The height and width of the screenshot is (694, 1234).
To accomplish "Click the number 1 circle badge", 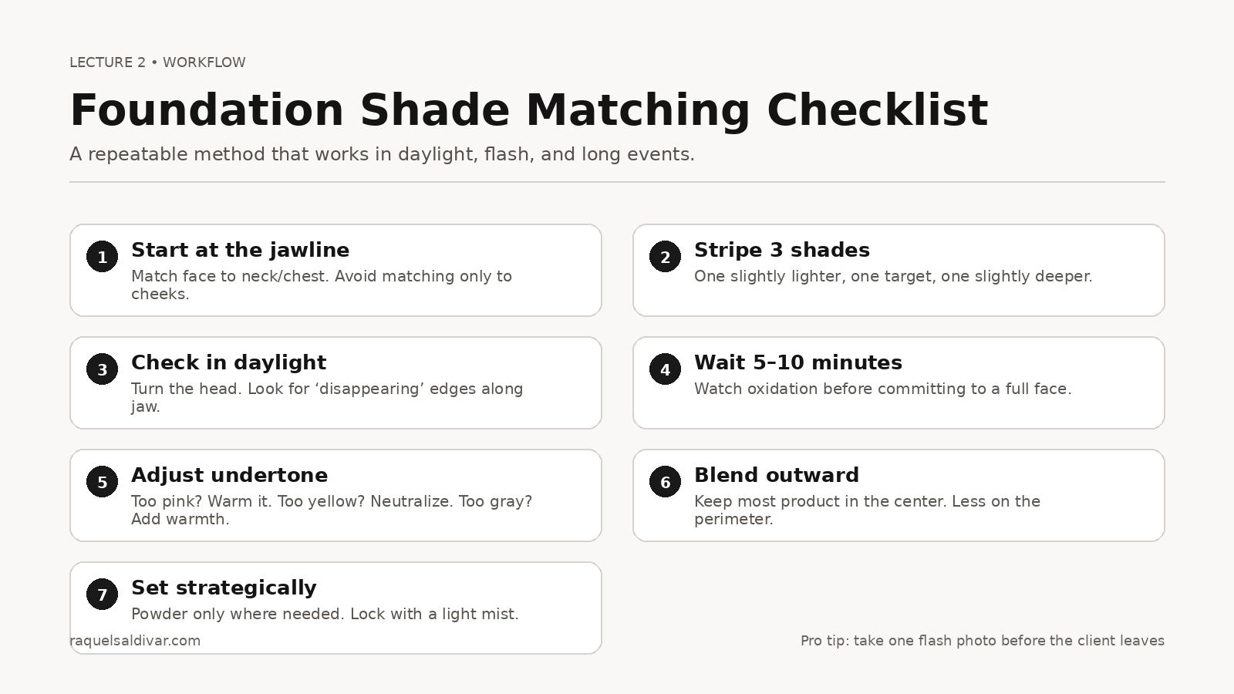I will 102,257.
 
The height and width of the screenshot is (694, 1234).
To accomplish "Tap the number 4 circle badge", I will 665,369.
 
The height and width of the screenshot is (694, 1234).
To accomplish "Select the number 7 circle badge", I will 102,595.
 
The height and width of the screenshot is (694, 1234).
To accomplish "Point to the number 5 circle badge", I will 102,482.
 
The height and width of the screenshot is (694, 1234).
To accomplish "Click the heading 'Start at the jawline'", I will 240,250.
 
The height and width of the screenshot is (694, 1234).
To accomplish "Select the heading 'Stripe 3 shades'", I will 781,250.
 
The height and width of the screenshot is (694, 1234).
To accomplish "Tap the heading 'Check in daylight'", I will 228,362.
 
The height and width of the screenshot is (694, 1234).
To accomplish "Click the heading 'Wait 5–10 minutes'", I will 797,362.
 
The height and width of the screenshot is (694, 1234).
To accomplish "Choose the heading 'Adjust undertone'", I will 229,475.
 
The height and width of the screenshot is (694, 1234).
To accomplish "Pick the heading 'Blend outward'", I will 776,475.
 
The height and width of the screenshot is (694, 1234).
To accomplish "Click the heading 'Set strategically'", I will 224,588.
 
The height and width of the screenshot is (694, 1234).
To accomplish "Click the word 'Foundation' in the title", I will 206,110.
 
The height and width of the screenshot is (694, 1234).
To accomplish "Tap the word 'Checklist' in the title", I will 877,110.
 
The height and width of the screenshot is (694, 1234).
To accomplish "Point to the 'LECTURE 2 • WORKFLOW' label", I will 157,62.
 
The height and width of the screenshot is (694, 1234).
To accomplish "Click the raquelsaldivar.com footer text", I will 135,641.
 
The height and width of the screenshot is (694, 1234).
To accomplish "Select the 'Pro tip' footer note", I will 982,641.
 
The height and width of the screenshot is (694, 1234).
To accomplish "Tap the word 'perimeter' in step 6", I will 732,519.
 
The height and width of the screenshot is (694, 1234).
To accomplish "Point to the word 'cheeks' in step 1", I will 158,294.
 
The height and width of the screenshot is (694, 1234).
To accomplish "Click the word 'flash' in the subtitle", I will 507,154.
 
